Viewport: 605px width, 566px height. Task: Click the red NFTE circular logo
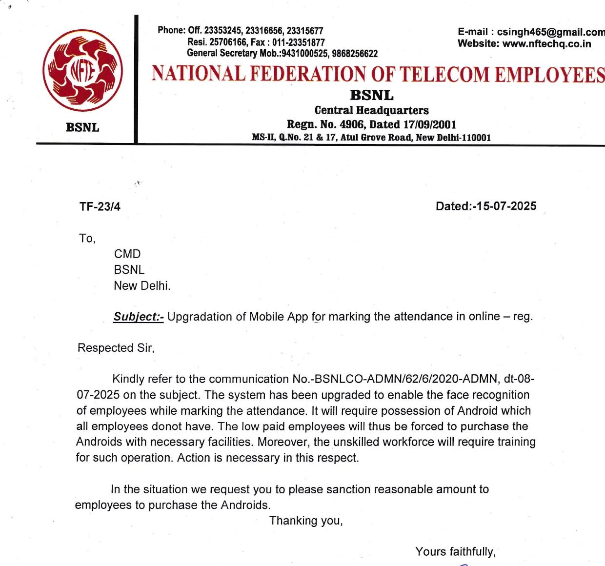tap(82, 71)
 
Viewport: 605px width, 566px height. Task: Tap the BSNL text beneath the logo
tap(82, 128)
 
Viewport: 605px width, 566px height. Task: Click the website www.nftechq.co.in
tap(546, 44)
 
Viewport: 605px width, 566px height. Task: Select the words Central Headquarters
tap(371, 110)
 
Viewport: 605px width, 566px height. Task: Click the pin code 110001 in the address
tap(476, 138)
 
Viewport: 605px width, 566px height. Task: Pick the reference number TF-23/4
tap(100, 207)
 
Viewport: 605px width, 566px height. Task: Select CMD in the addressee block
tap(127, 254)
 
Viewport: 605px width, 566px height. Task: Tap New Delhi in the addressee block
tap(142, 286)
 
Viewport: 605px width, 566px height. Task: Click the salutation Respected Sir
tap(116, 348)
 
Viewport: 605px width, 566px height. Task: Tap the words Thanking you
tap(306, 521)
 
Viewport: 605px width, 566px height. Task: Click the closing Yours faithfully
tap(455, 552)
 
